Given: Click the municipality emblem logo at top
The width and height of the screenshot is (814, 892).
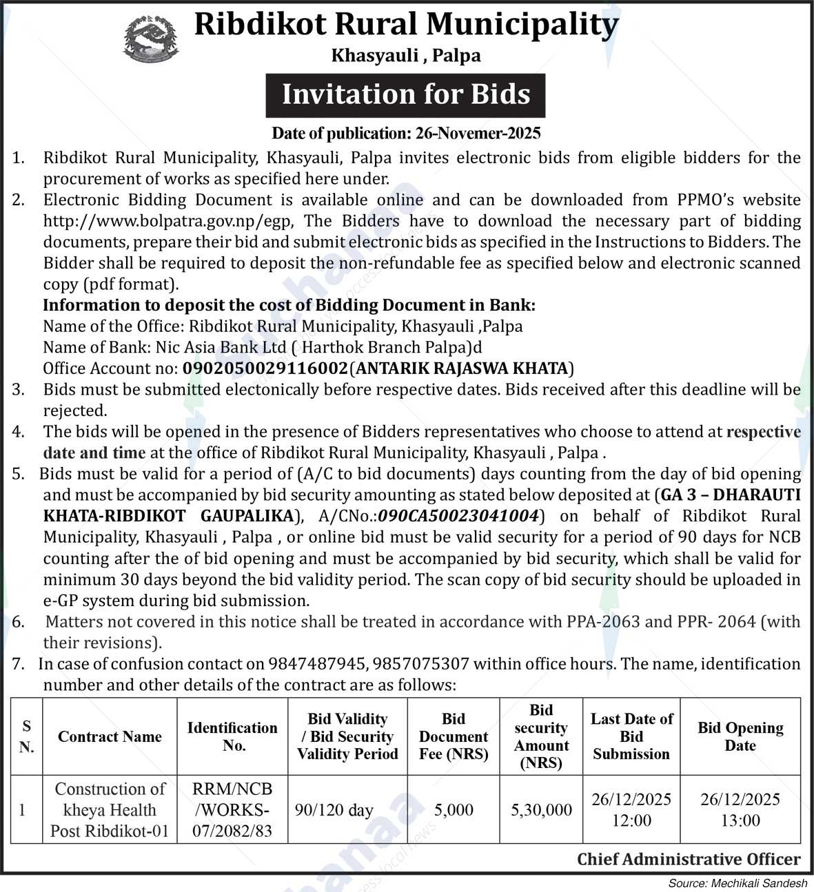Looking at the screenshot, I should point(150,39).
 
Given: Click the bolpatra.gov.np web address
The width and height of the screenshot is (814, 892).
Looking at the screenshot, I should point(169,221).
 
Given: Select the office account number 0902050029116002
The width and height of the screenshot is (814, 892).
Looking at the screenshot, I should point(265,368).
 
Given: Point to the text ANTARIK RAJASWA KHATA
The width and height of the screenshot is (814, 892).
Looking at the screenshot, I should point(462,368).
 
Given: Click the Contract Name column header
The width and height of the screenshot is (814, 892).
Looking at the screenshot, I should point(110,737).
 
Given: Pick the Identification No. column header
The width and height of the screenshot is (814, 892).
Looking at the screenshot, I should point(232,736).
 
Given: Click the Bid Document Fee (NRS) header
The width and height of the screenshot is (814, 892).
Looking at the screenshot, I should point(454,736).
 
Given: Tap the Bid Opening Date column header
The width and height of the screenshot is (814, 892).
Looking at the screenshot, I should point(740,736).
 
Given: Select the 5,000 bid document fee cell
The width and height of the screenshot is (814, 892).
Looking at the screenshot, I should point(454,810).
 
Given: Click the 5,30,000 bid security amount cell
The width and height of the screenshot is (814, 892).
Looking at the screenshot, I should point(541,810).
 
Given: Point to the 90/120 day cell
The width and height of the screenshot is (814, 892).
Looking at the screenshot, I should point(334,810).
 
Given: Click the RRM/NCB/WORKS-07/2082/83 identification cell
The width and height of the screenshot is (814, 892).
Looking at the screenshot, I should point(232,809).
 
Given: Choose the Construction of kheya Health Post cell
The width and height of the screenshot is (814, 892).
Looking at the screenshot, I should point(110,809).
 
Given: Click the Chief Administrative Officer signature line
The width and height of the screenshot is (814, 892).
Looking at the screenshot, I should point(689,859).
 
